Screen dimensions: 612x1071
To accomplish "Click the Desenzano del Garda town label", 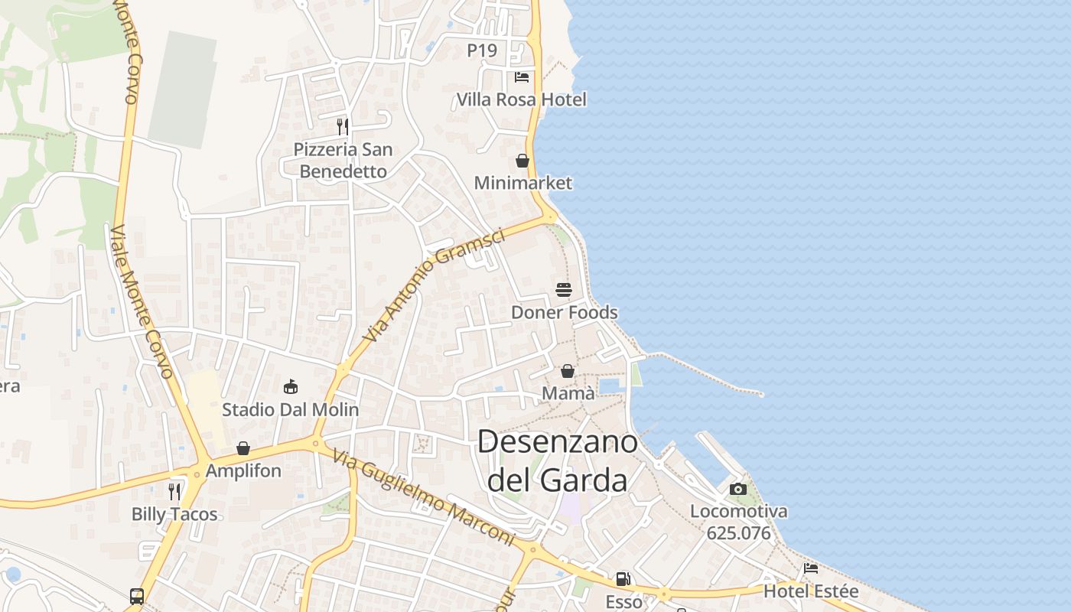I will [x=558, y=461].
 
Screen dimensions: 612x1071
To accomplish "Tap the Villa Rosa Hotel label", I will [x=522, y=99].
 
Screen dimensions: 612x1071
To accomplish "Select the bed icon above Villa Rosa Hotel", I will [x=522, y=76].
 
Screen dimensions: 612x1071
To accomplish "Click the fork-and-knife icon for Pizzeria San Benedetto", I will [x=343, y=126].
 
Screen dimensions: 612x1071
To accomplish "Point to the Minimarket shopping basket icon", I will [x=522, y=161].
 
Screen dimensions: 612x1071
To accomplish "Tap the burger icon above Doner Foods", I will [x=564, y=290].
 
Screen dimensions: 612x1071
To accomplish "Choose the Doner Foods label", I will [x=564, y=312].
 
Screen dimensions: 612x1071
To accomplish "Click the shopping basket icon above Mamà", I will [x=568, y=371].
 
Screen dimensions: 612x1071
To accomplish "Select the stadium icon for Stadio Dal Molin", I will [x=291, y=386].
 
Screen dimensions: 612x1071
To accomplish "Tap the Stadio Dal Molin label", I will [x=291, y=409].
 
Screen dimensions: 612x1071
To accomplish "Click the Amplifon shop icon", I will [x=243, y=448].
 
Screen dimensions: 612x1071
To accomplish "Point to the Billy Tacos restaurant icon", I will [x=174, y=491].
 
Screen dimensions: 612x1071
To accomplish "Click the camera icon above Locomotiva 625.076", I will [x=738, y=489].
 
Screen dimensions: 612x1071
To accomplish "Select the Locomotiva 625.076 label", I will [x=738, y=522].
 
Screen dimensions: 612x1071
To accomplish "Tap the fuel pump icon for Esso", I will [x=623, y=579].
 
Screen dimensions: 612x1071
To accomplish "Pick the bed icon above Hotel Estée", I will [x=811, y=568].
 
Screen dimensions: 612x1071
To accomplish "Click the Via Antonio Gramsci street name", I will [x=434, y=285].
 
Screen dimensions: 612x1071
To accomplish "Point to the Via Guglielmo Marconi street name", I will [x=424, y=497].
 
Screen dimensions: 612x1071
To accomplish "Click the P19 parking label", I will [x=482, y=50].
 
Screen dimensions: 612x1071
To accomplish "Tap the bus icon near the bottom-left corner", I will [x=137, y=596].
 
